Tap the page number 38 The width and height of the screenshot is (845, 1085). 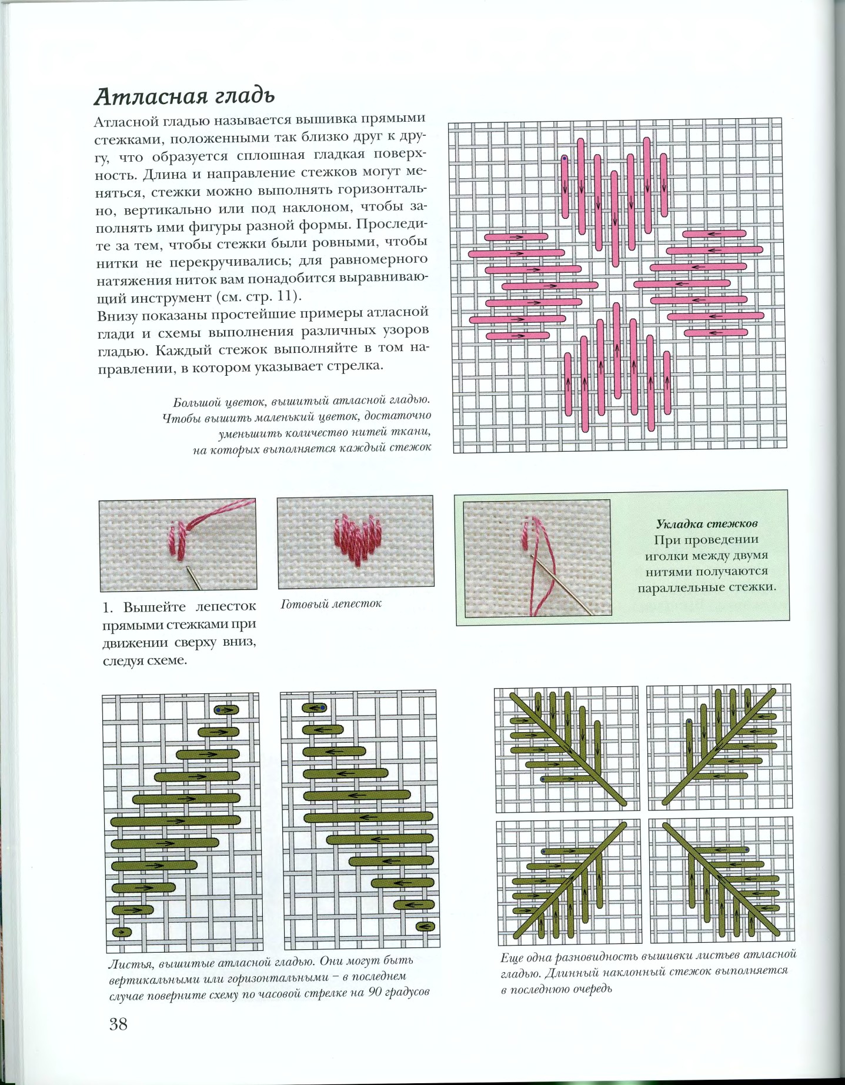click(118, 1024)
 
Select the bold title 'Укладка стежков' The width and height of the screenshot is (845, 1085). click(706, 523)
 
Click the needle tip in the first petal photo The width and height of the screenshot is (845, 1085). click(186, 566)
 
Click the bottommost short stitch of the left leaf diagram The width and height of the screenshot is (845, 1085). click(122, 932)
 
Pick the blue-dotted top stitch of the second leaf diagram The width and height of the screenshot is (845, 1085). click(315, 708)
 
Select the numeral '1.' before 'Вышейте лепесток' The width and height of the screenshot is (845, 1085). click(109, 606)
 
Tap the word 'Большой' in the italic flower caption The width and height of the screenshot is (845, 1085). click(196, 402)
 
